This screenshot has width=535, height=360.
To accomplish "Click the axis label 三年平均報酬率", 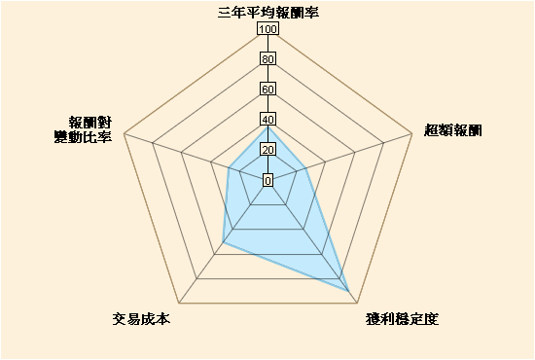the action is [268, 13].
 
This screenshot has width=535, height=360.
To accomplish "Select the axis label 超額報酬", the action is [452, 130].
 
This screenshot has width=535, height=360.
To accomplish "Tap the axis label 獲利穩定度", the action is [402, 319].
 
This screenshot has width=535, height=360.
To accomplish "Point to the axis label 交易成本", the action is [141, 319].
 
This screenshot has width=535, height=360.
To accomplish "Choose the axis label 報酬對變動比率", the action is [84, 129].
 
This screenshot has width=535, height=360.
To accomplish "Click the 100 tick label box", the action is [267, 28].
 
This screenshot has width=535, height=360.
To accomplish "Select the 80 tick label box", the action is [267, 59].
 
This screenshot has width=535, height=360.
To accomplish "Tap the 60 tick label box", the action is [267, 90].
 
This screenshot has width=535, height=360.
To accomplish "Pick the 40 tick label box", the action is [267, 120].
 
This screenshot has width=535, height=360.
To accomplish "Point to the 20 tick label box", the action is [267, 150].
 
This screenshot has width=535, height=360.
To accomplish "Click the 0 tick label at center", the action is [267, 180].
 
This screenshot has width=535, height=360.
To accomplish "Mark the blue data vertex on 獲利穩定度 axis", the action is [349, 292].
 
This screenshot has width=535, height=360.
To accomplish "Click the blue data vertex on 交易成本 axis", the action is [223, 242].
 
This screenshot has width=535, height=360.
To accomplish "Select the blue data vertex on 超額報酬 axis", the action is [306, 168].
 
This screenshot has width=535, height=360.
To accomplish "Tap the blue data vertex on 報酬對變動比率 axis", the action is [229, 167].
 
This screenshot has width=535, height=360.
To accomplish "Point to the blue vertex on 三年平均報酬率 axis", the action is [267, 127].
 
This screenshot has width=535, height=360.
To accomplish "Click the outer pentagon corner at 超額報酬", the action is [411, 133].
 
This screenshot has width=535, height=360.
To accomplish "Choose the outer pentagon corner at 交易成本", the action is [179, 303].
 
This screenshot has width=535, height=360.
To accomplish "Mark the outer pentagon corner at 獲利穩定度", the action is [357, 303].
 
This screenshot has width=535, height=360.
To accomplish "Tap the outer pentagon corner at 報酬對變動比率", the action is [124, 133].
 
